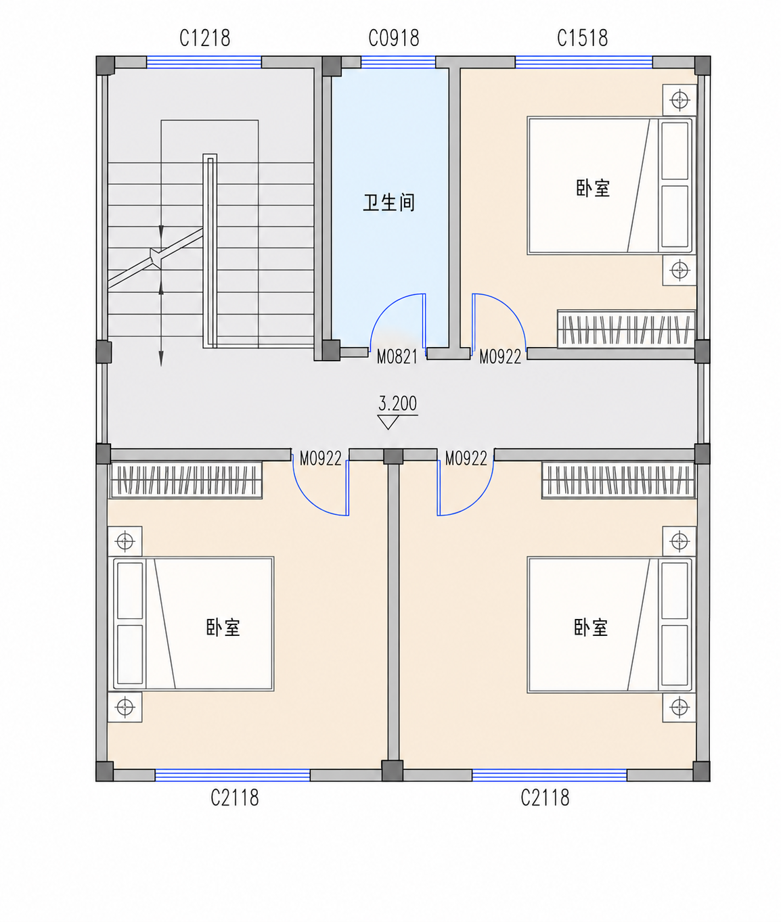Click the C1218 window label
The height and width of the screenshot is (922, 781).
coord(205,39)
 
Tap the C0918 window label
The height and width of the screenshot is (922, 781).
coord(394,39)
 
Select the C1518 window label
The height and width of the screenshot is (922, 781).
coord(583,39)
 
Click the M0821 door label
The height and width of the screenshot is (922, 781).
coord(397,357)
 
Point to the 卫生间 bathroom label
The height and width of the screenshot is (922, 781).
coord(389,202)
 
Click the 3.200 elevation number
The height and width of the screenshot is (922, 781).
coord(397,403)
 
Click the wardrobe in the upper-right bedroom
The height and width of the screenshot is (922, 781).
coord(626,329)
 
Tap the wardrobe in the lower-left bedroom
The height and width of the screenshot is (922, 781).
coord(185,480)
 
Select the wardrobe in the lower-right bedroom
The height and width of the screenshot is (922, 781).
coord(619,480)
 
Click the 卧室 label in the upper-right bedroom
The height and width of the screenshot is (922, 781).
coord(593,188)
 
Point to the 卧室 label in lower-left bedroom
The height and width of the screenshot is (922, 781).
coord(223,628)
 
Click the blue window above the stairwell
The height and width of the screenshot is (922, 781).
coord(204,62)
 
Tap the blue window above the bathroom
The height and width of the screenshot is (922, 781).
coord(398,62)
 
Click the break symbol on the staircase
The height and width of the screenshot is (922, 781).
coord(155,258)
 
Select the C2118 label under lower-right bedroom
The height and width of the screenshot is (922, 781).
coord(545,798)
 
